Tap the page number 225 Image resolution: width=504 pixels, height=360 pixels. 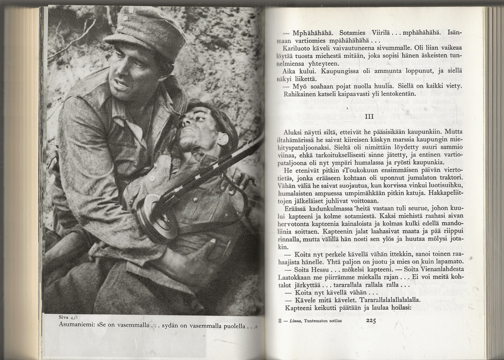(371, 321)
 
